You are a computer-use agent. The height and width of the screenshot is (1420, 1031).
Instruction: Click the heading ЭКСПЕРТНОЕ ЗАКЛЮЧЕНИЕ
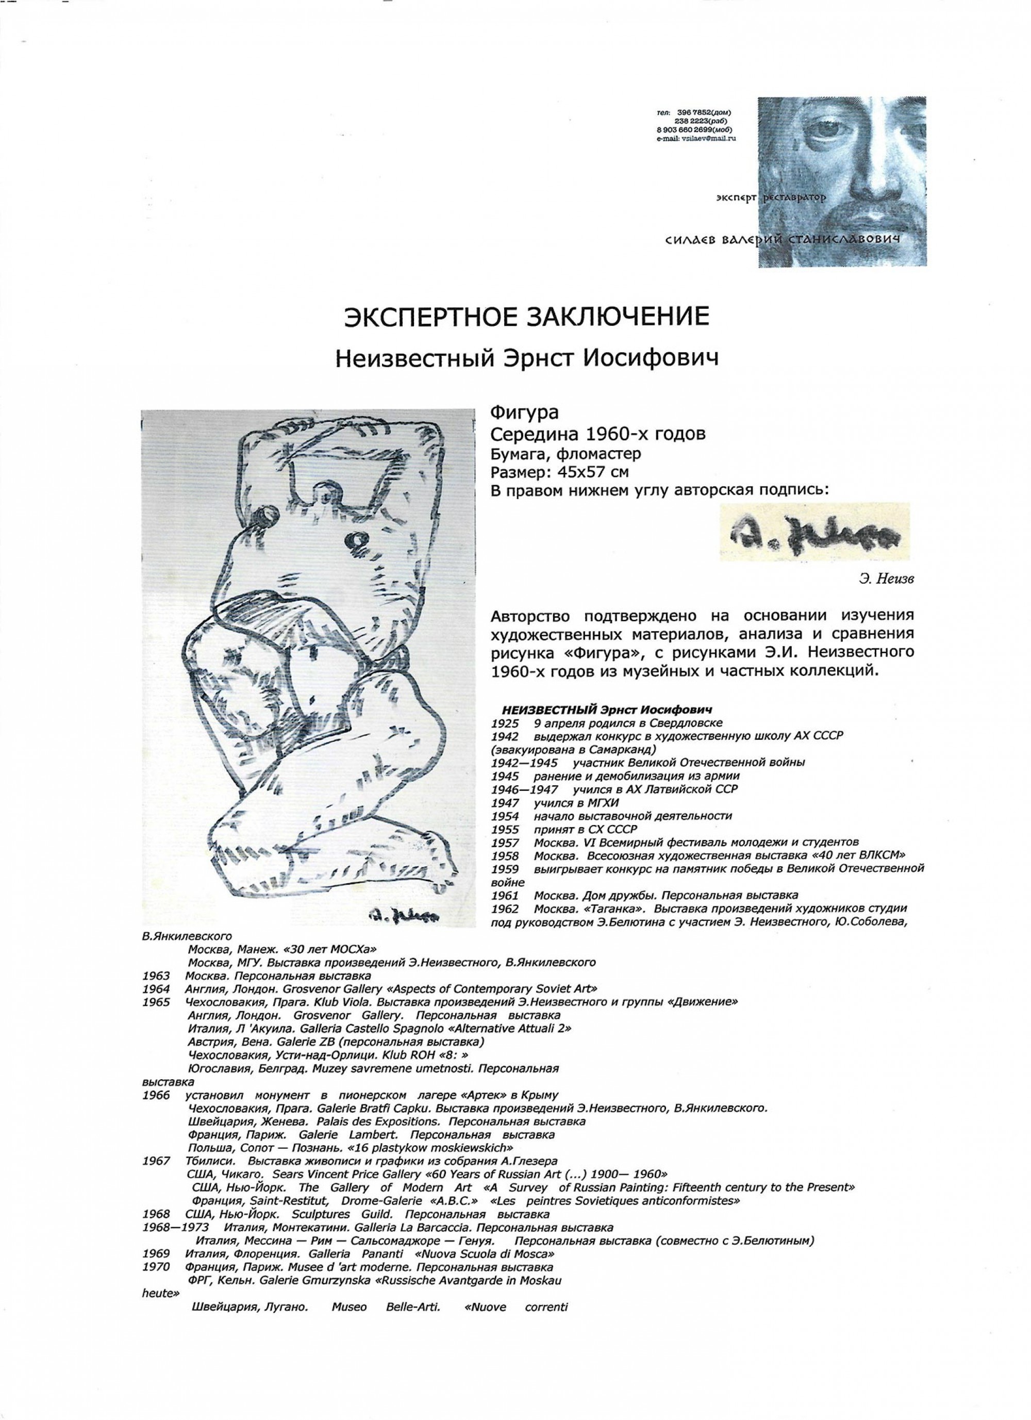point(526,317)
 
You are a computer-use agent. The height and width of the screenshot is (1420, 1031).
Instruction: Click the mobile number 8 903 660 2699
point(686,129)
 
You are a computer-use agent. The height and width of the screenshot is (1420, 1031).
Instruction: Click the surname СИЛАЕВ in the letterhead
point(690,240)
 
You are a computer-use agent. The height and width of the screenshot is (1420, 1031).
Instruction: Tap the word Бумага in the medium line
point(517,453)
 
